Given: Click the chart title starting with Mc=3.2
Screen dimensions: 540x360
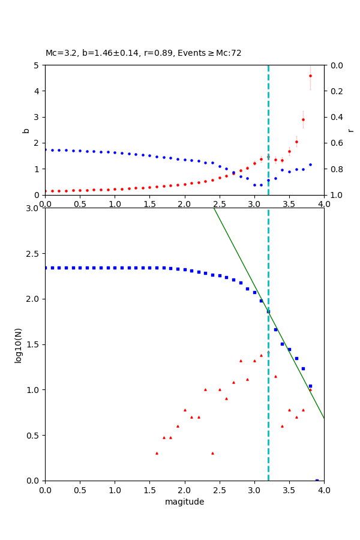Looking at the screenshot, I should click(x=143, y=53).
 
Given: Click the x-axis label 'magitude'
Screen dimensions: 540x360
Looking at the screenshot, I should click(x=184, y=502).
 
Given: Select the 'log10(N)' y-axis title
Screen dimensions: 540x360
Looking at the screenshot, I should click(x=18, y=344).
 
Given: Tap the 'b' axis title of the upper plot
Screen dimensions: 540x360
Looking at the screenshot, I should click(x=26, y=130).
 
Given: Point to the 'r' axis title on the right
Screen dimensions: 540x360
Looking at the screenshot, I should click(x=351, y=130).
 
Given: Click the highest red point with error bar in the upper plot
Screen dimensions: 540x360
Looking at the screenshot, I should click(x=310, y=76).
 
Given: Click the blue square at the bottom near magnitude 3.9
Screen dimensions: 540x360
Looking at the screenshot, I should click(x=317, y=480).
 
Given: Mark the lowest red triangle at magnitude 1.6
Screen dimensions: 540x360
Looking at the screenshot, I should click(x=157, y=453).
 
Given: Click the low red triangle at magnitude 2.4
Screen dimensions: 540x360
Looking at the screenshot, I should click(x=212, y=453).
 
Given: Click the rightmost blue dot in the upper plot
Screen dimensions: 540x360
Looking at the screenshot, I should click(x=310, y=164).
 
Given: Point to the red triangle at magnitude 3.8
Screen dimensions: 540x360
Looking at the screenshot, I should click(x=310, y=389).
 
